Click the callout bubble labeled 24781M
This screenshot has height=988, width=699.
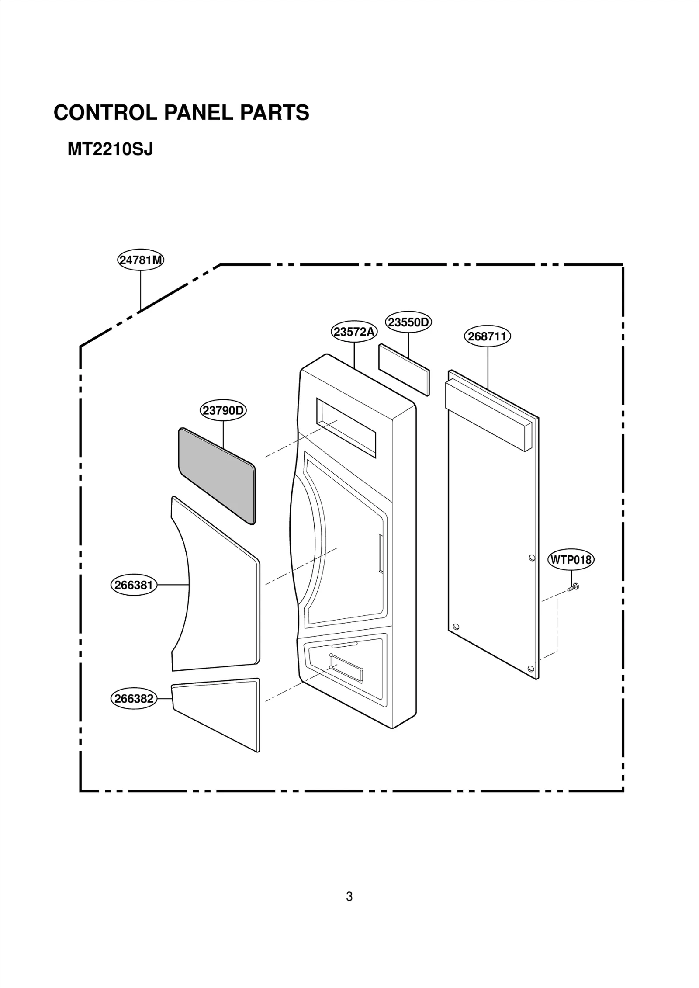[x=141, y=260]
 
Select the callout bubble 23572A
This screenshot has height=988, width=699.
[x=354, y=332]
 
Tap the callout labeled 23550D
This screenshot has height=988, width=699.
[x=408, y=322]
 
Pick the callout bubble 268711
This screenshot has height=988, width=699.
[x=487, y=336]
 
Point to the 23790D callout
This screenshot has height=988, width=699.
[x=223, y=411]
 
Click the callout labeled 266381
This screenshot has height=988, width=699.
[x=134, y=585]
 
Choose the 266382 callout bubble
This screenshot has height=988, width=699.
[x=134, y=699]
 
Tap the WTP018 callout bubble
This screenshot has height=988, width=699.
[x=571, y=560]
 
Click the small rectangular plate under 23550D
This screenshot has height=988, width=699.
[x=404, y=370]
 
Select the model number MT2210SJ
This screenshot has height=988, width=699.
[x=110, y=150]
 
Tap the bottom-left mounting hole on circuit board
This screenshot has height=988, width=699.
[x=456, y=626]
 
